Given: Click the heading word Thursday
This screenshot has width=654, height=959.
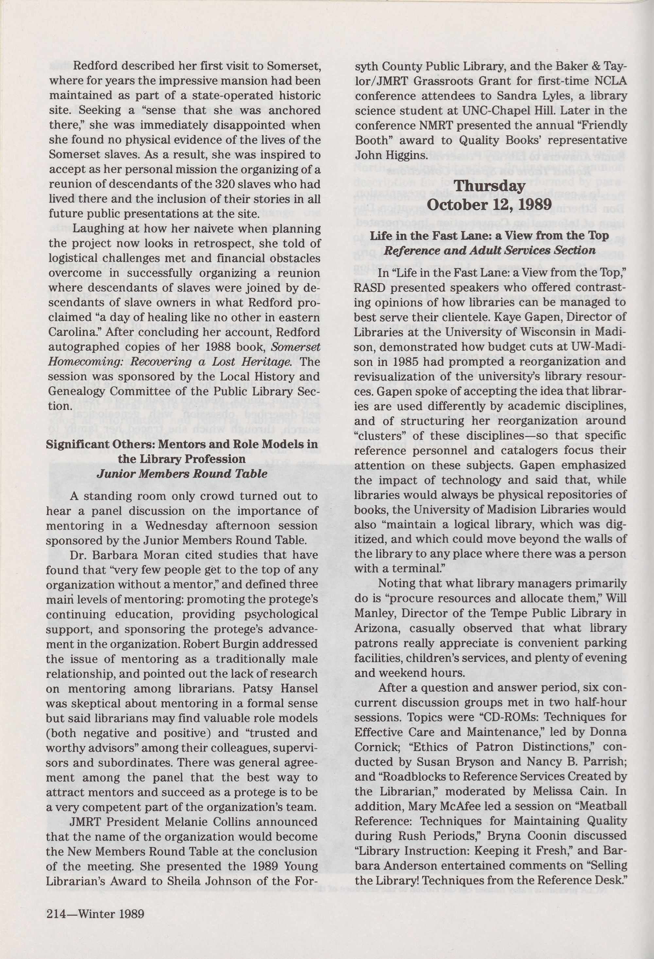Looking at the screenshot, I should click(490, 186).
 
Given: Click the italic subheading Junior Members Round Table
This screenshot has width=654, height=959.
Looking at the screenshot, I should click(182, 474).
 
